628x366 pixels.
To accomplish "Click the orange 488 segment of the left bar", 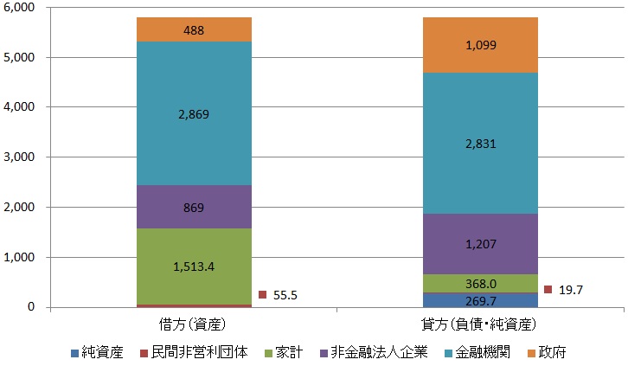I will pos(193,29).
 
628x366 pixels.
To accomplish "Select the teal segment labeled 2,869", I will pos(193,113).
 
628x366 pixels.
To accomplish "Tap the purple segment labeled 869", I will pos(193,207).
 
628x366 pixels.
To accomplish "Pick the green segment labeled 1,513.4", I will pos(193,266).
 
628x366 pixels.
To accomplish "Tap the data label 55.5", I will pos(284,295).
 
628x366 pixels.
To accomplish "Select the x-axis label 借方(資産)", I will pos(193,325).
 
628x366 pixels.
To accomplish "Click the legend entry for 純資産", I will pos(105,353).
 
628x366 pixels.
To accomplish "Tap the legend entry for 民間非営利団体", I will pos(192,353).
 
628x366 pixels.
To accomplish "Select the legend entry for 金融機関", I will pos(468,353).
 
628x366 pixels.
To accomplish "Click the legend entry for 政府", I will pos(546,353).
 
